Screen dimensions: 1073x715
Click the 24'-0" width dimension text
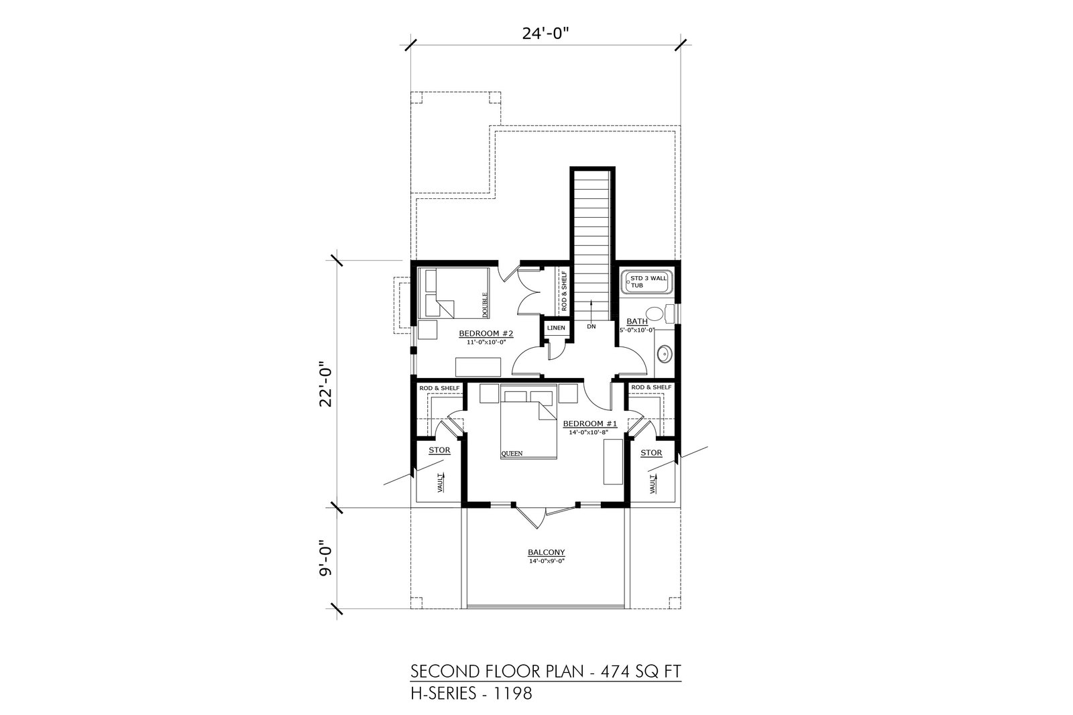point(545,34)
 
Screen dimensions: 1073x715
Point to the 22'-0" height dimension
point(326,383)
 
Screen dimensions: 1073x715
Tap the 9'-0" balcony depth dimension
point(326,558)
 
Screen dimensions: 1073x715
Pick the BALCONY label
point(546,552)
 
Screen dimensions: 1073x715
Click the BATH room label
point(637,322)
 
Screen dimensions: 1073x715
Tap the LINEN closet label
point(556,328)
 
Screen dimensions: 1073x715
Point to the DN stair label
point(591,326)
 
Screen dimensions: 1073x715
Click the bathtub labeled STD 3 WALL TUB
point(646,282)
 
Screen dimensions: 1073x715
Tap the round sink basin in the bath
point(665,354)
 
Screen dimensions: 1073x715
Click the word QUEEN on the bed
point(512,453)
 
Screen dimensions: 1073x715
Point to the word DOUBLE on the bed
point(485,305)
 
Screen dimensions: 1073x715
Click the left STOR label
point(439,450)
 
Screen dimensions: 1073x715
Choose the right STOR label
point(651,453)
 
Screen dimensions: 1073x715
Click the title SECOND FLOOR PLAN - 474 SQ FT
point(546,671)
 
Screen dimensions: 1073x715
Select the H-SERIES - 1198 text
point(471,693)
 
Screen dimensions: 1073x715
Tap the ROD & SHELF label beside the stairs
point(564,291)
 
